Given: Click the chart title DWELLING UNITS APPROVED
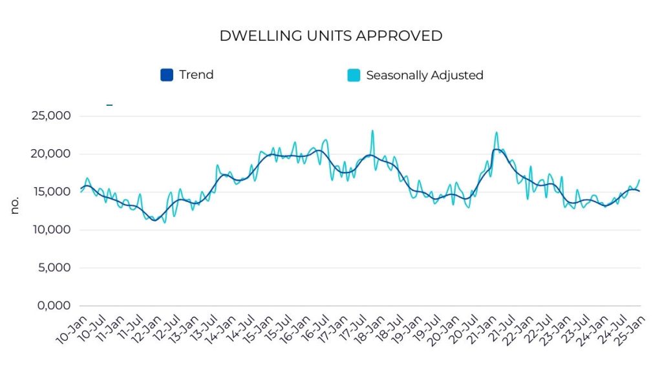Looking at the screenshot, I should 330,36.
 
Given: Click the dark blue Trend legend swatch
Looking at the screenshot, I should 167,75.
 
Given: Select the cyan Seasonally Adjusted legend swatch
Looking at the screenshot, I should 354,75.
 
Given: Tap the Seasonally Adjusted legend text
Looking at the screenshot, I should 424,75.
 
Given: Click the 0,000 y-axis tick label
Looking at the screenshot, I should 53,305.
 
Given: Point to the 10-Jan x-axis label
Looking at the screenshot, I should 70,329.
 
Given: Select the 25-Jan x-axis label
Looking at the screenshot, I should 628,329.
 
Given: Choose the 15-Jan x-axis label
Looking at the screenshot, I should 256,329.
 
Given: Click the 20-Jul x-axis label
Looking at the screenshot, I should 461,329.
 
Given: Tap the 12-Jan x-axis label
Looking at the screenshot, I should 144,329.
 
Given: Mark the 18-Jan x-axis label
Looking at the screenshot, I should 368,329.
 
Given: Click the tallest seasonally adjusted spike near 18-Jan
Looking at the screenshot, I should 372,131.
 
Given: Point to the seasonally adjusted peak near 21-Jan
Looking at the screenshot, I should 496,133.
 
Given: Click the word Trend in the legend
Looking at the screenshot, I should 196,75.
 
